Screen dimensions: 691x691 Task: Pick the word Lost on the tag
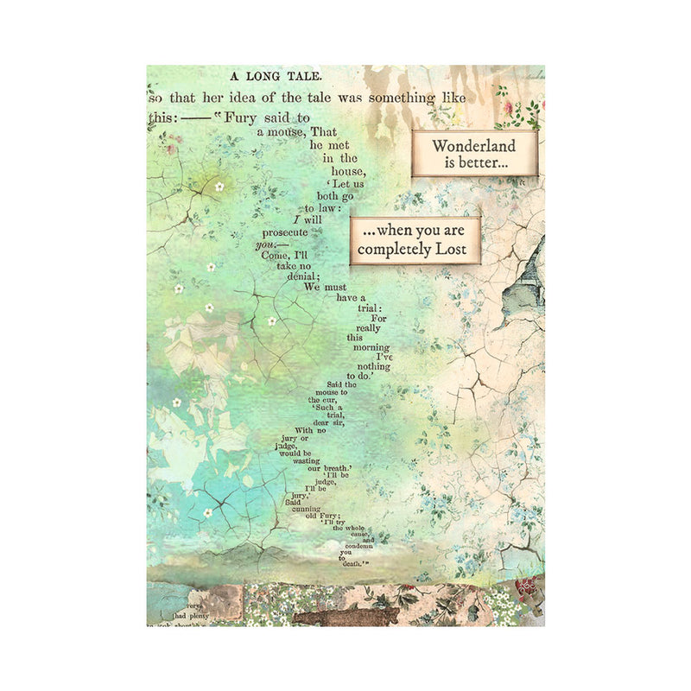point(458,250)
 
